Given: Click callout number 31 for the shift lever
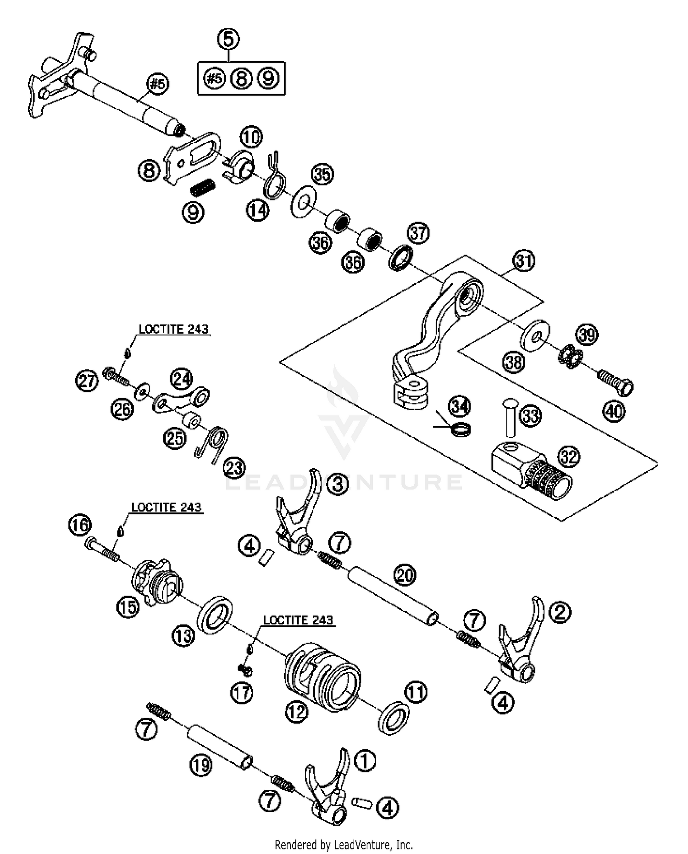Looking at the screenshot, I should (524, 261).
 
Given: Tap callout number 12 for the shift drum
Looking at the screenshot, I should (297, 712).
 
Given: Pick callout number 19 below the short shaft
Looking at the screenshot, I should (201, 765).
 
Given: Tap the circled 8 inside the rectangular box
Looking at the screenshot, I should (242, 79).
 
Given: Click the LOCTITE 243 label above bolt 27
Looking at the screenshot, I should (173, 329).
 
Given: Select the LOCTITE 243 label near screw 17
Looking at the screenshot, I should (298, 620).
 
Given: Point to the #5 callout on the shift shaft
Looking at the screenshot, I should (157, 84).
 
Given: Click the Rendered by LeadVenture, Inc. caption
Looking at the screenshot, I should (344, 844).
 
